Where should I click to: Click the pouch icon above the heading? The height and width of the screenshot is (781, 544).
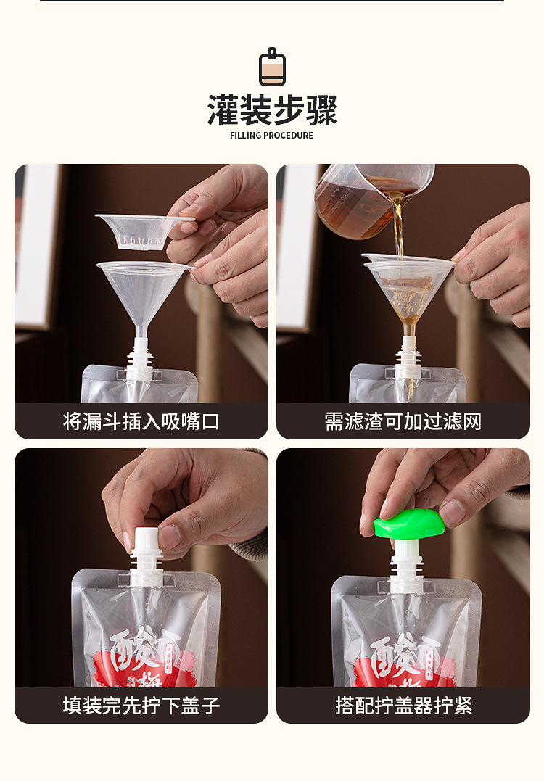[x=272, y=67]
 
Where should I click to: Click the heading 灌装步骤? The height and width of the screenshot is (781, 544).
[x=272, y=110]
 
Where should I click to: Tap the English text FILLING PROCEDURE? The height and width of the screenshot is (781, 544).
[x=272, y=136]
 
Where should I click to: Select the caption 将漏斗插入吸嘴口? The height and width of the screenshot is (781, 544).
[x=141, y=421]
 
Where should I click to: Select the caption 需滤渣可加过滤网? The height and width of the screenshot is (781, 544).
[x=403, y=421]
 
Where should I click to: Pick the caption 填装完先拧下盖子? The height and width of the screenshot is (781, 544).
[x=141, y=706]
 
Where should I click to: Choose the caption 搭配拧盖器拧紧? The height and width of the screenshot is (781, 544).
[x=403, y=706]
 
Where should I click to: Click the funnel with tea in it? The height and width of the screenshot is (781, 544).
[x=408, y=286]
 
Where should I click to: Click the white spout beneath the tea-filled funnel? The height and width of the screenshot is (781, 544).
[x=408, y=359]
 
